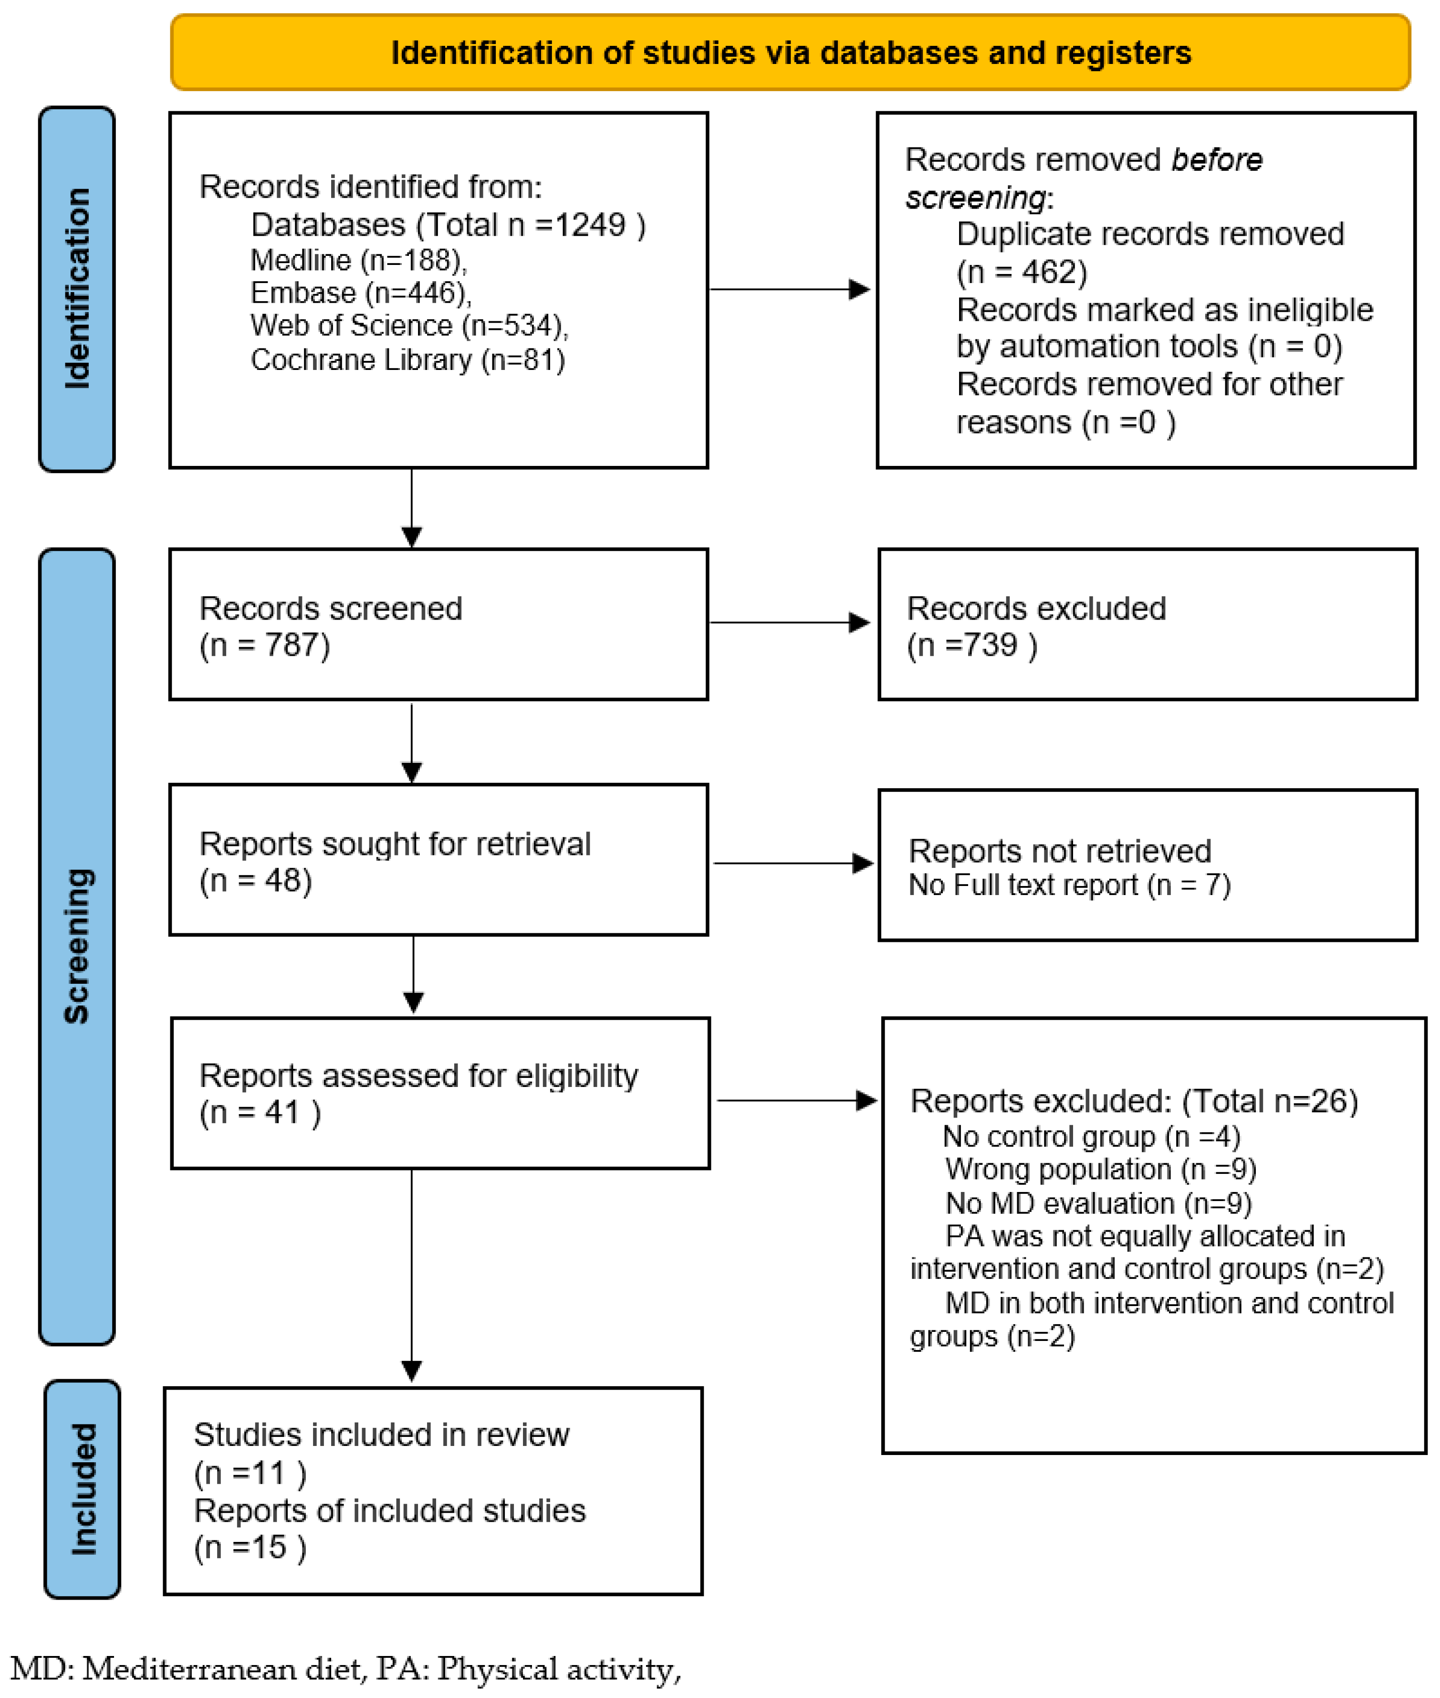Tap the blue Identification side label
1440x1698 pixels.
pyautogui.click(x=77, y=289)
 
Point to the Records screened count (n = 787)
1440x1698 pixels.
pyautogui.click(x=264, y=645)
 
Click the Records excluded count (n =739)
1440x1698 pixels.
pyautogui.click(x=971, y=645)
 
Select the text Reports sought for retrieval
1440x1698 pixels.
pyautogui.click(x=394, y=844)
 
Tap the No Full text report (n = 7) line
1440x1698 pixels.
pyautogui.click(x=1069, y=886)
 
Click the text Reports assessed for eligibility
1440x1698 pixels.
pyautogui.click(x=418, y=1076)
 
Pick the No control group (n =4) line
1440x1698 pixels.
pyautogui.click(x=1091, y=1137)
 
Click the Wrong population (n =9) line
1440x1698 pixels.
pyautogui.click(x=1100, y=1170)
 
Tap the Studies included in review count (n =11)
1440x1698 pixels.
pyautogui.click(x=250, y=1473)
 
